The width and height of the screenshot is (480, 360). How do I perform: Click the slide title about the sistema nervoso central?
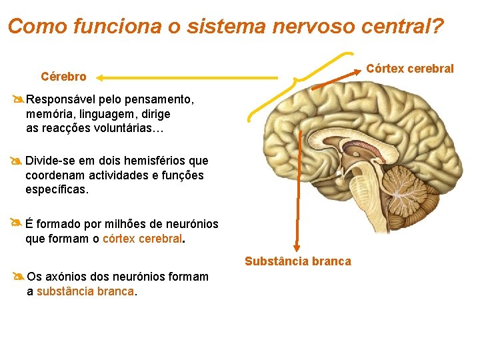tap(225, 27)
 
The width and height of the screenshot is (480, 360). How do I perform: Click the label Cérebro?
tap(63, 77)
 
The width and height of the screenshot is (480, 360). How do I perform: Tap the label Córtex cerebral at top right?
tap(409, 69)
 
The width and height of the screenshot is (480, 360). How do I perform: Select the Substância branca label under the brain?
tap(297, 261)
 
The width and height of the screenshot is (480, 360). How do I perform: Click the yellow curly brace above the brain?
tap(300, 83)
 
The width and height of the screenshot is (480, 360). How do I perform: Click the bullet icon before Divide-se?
tap(17, 161)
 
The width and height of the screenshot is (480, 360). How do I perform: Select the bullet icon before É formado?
tap(17, 223)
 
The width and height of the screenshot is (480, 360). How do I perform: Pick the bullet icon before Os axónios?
tap(18, 277)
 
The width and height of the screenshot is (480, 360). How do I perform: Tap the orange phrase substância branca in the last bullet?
tap(85, 291)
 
